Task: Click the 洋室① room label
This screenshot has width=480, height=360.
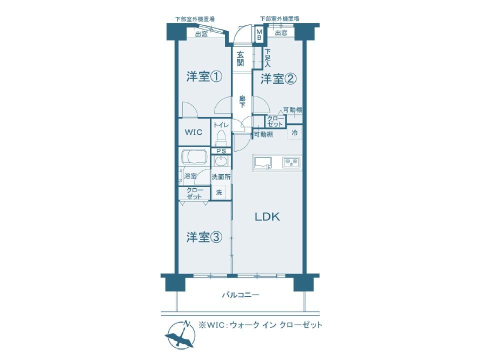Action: [204, 76]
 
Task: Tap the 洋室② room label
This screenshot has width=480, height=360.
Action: [278, 79]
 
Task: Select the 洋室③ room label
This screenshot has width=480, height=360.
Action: [204, 237]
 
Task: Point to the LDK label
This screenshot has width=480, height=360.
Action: [267, 216]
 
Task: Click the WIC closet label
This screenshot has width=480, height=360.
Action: [193, 132]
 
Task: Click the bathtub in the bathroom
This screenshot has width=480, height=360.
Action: [194, 157]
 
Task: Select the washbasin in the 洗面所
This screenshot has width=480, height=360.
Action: [220, 161]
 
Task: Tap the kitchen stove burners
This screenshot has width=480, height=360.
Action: [291, 162]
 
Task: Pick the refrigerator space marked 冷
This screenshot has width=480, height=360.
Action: [294, 132]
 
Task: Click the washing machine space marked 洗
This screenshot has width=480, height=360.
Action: [219, 192]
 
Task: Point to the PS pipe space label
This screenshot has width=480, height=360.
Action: [221, 151]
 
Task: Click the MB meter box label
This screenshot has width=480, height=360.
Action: [259, 34]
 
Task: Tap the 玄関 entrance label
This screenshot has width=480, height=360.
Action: [240, 59]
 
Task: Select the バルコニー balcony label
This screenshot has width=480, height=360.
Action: [240, 295]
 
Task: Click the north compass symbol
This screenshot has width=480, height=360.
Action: [180, 334]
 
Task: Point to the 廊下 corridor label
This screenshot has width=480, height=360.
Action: [242, 101]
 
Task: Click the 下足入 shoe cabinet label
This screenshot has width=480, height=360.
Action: [267, 58]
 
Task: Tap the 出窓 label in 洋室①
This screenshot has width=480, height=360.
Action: [201, 34]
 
